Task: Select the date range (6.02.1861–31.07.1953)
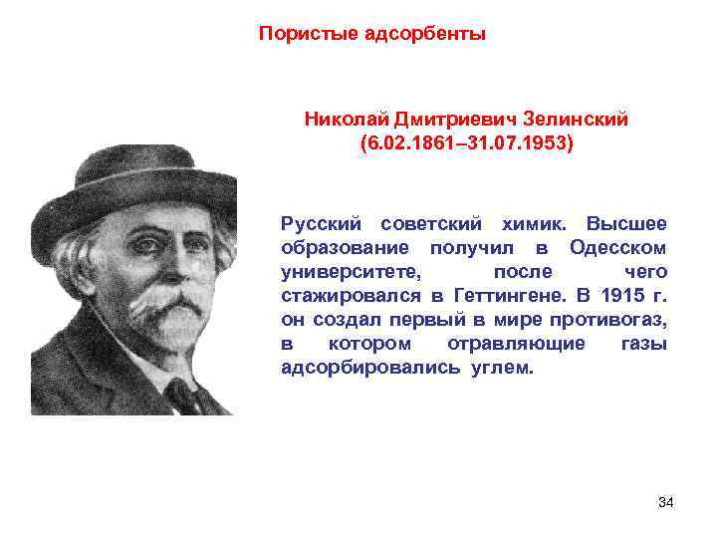(x=467, y=143)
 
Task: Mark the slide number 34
(x=666, y=501)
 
